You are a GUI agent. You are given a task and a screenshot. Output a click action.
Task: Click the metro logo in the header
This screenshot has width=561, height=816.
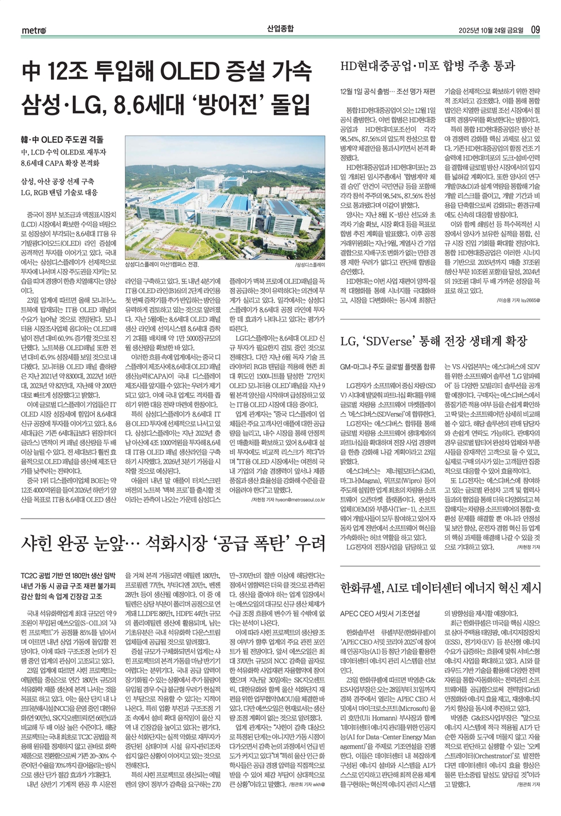pos(33,30)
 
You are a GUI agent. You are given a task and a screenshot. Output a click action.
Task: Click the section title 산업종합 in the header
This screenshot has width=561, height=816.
pos(280,28)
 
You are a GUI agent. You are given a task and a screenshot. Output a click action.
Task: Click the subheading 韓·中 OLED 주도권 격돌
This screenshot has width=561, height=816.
pos(61,140)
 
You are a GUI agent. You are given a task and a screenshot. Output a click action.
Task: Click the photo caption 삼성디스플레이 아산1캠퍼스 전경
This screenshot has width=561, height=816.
pos(162,265)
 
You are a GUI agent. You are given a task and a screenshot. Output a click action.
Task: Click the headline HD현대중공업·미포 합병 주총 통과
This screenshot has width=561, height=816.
pos(428,66)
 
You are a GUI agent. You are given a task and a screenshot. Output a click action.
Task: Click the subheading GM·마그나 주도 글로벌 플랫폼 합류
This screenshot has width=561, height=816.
pos(387,366)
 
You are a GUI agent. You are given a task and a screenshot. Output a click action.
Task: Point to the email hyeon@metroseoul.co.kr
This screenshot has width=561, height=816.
pos(296,499)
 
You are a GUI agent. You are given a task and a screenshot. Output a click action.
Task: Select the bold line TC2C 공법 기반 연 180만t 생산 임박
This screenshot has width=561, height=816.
pos(68,575)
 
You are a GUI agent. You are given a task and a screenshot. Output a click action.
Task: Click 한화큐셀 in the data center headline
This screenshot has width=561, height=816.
pos(361,588)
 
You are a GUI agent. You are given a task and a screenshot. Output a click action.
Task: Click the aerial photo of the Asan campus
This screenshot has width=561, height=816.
pos(225,197)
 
